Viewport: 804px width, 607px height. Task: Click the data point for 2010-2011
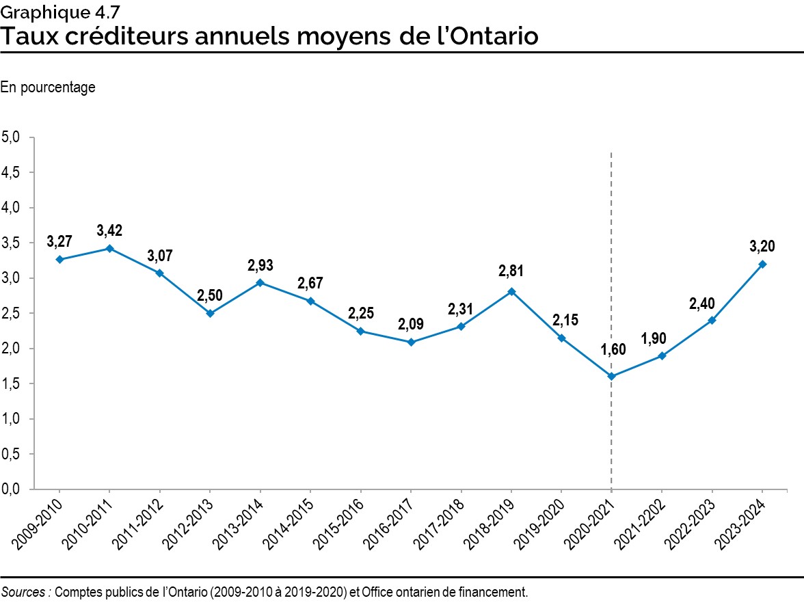(x=109, y=248)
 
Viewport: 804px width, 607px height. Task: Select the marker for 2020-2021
(x=611, y=376)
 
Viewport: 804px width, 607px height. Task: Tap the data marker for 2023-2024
(x=762, y=264)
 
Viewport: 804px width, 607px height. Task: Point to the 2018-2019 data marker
(x=511, y=291)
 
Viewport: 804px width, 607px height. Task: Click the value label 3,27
(x=59, y=241)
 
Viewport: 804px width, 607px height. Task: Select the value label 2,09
(x=411, y=323)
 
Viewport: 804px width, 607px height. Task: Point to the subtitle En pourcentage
(x=48, y=87)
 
